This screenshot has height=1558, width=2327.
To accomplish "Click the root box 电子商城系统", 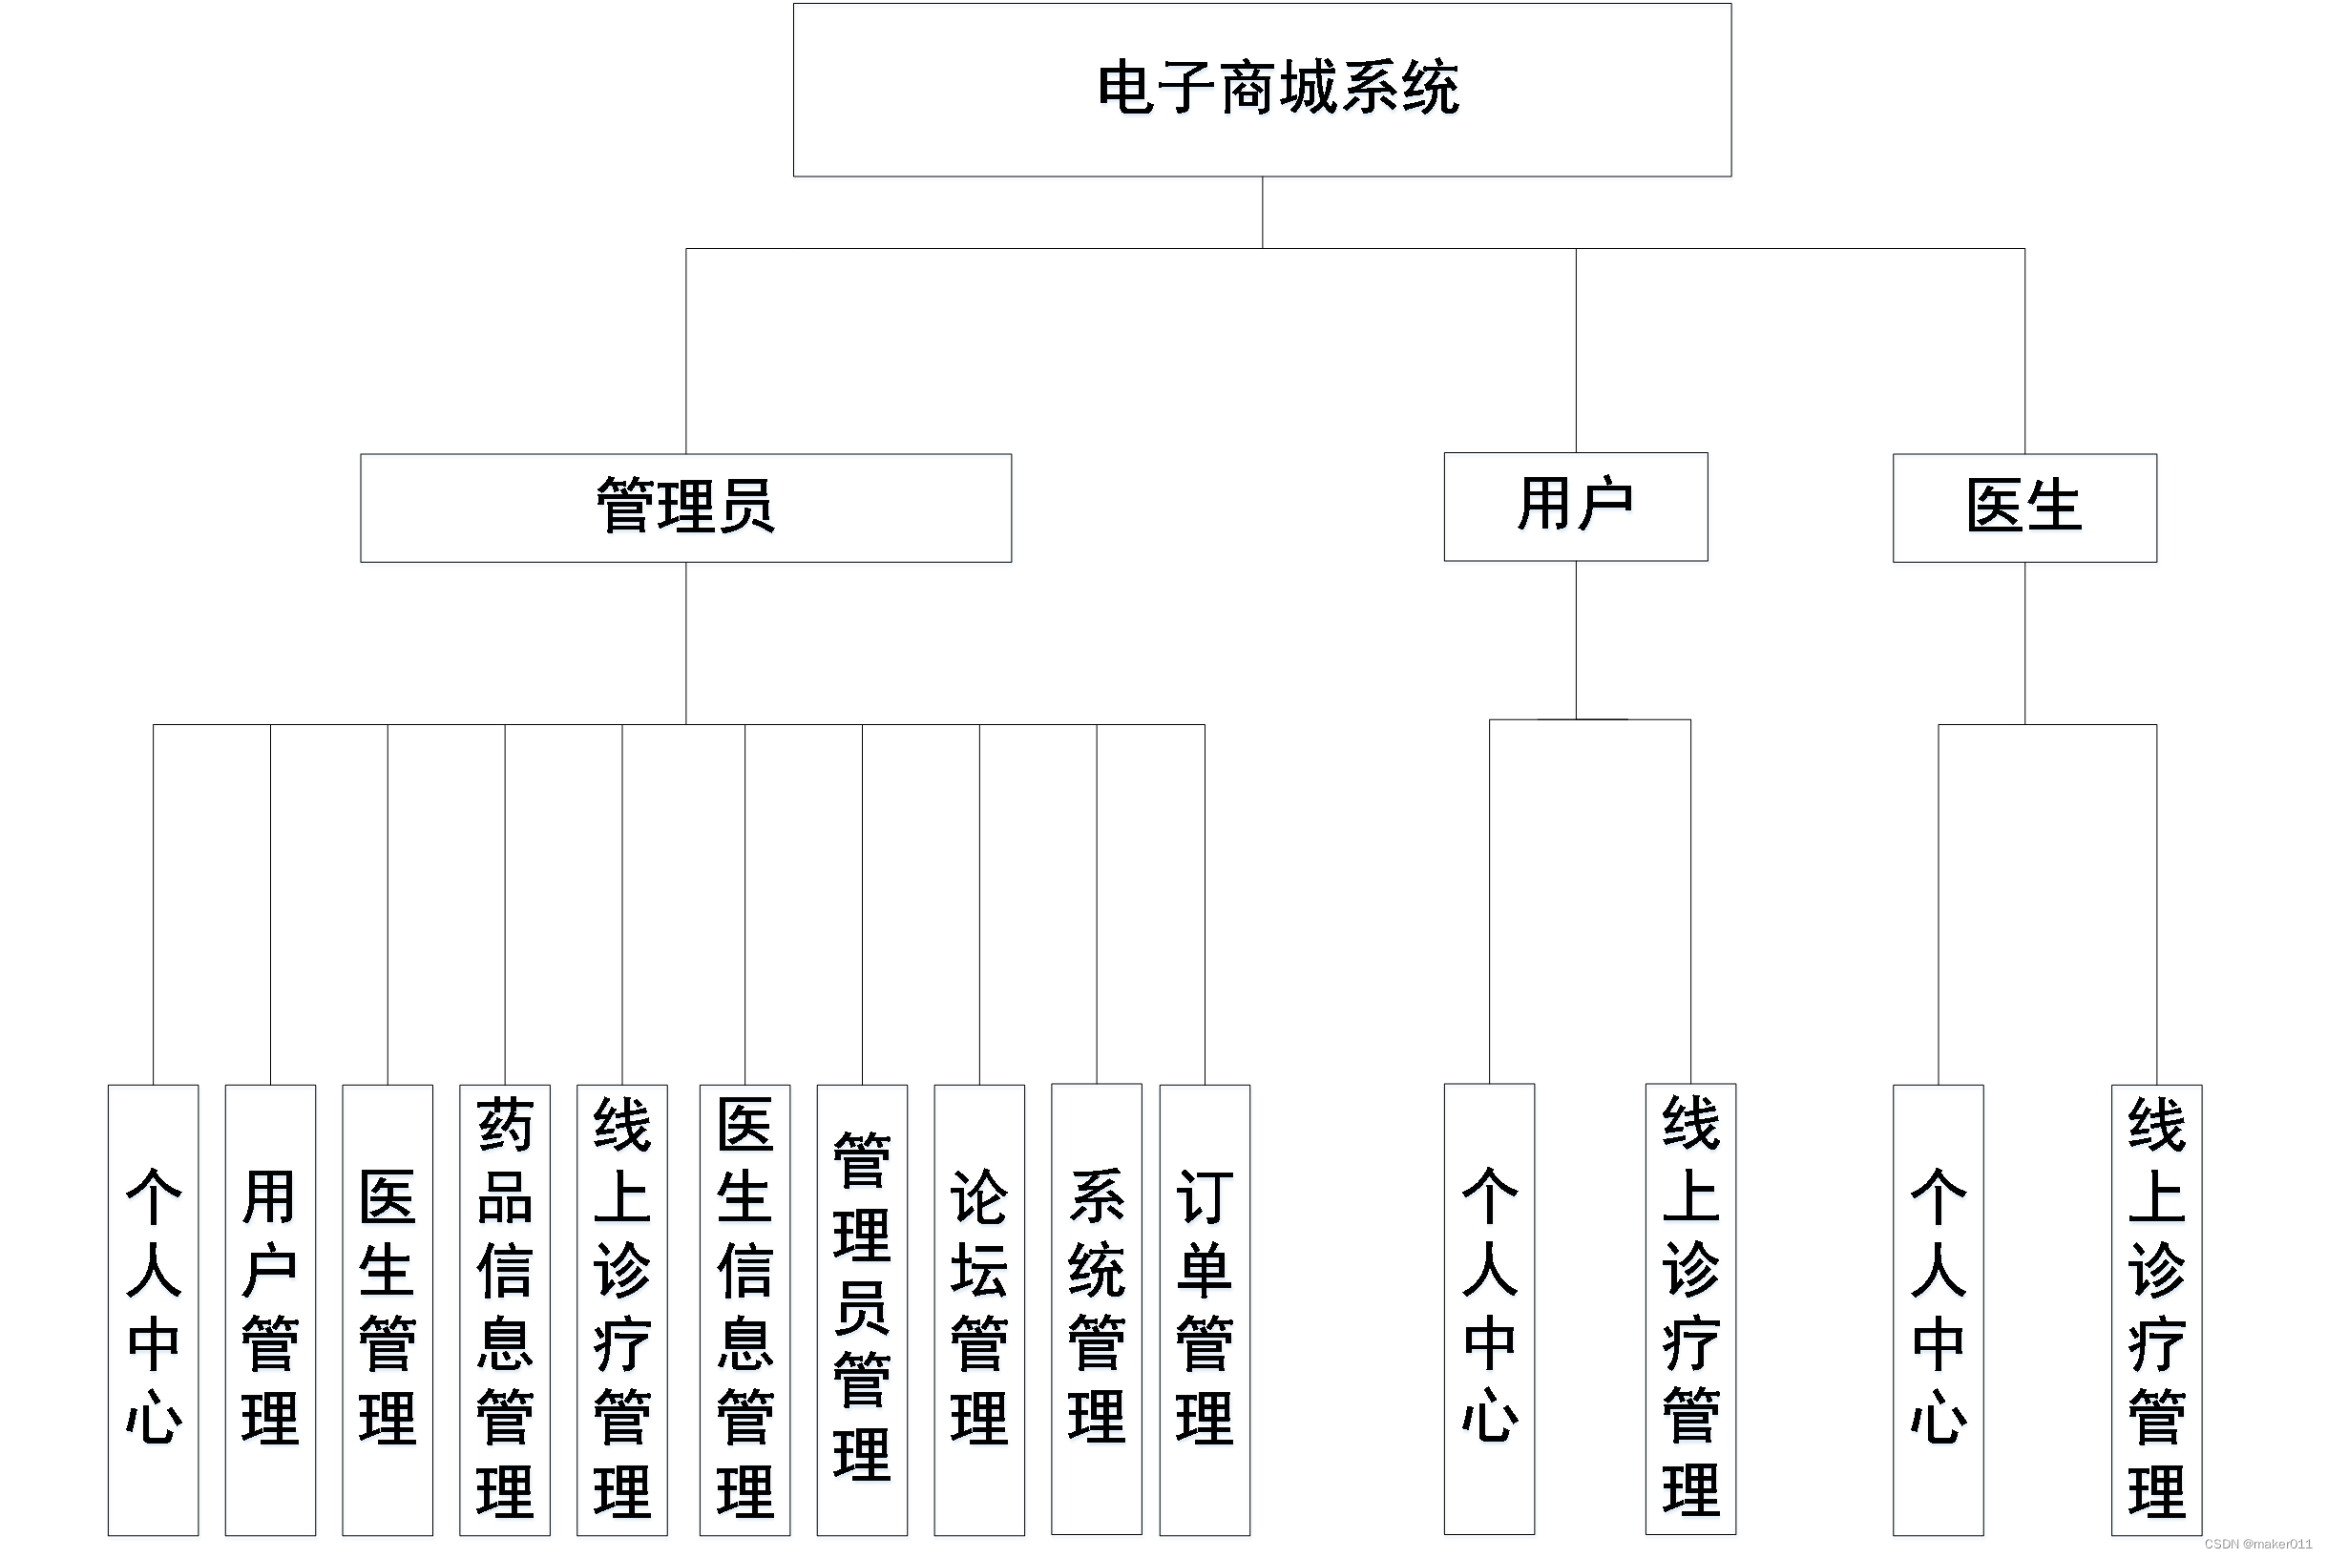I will point(1262,90).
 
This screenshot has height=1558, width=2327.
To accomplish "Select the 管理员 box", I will point(685,508).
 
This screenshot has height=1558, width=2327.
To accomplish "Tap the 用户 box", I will point(1575,507).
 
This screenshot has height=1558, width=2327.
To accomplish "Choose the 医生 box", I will point(2023,508).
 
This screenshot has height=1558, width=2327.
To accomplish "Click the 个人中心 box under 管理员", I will point(153,1309).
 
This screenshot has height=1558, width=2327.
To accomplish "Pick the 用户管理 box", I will point(270,1309).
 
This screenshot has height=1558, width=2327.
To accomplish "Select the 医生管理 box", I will point(388,1309).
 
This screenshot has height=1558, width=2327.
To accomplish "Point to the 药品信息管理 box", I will point(505,1309).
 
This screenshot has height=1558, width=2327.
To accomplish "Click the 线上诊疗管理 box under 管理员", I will point(622,1309).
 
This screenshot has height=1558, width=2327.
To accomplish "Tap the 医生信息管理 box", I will point(744,1309).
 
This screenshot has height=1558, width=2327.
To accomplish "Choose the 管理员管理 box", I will point(862,1309).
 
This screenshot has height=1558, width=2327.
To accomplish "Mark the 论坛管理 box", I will point(979,1309).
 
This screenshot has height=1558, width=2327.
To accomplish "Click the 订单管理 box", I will point(1205,1309).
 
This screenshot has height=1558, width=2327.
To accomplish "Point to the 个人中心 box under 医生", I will point(1938,1309).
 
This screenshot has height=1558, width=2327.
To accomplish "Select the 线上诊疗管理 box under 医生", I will point(2156,1309).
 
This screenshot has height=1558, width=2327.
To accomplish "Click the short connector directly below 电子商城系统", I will point(1263,213).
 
